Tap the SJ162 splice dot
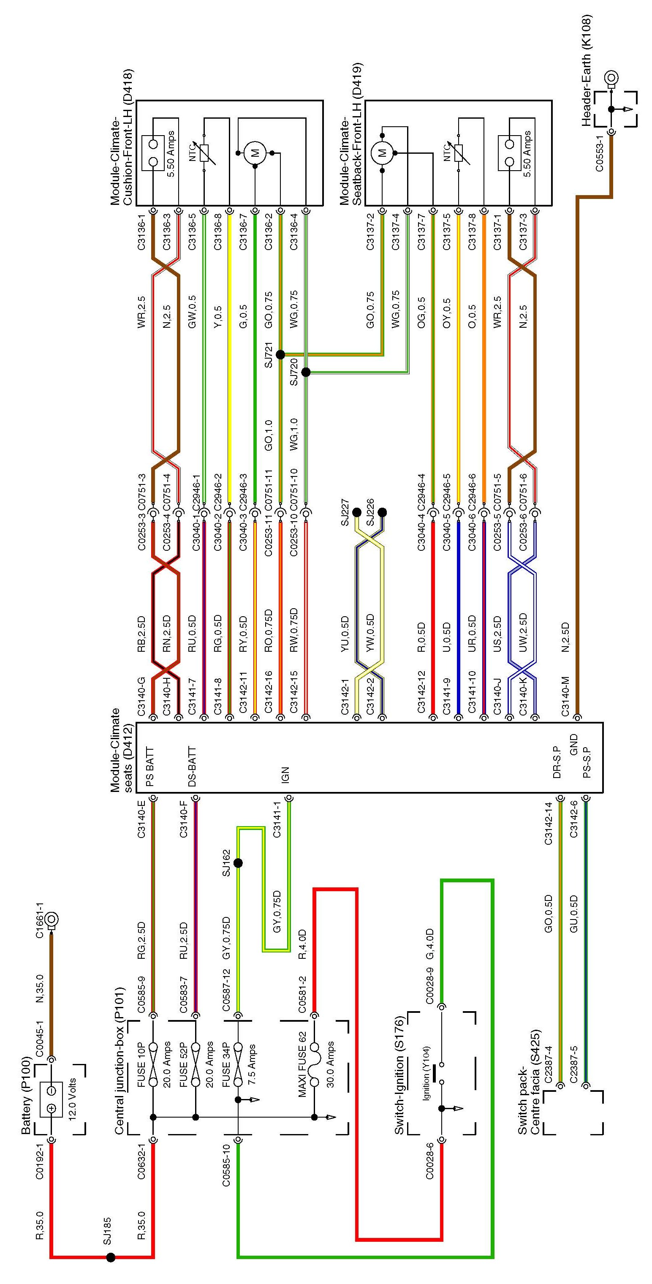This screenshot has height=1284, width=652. [238, 863]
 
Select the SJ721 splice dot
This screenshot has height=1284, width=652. [280, 354]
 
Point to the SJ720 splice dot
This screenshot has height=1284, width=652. [306, 372]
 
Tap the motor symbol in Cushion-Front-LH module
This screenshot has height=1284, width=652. [255, 152]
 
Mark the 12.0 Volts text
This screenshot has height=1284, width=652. [73, 1099]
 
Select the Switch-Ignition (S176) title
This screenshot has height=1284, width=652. [399, 1072]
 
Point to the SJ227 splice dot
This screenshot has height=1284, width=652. [356, 512]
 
